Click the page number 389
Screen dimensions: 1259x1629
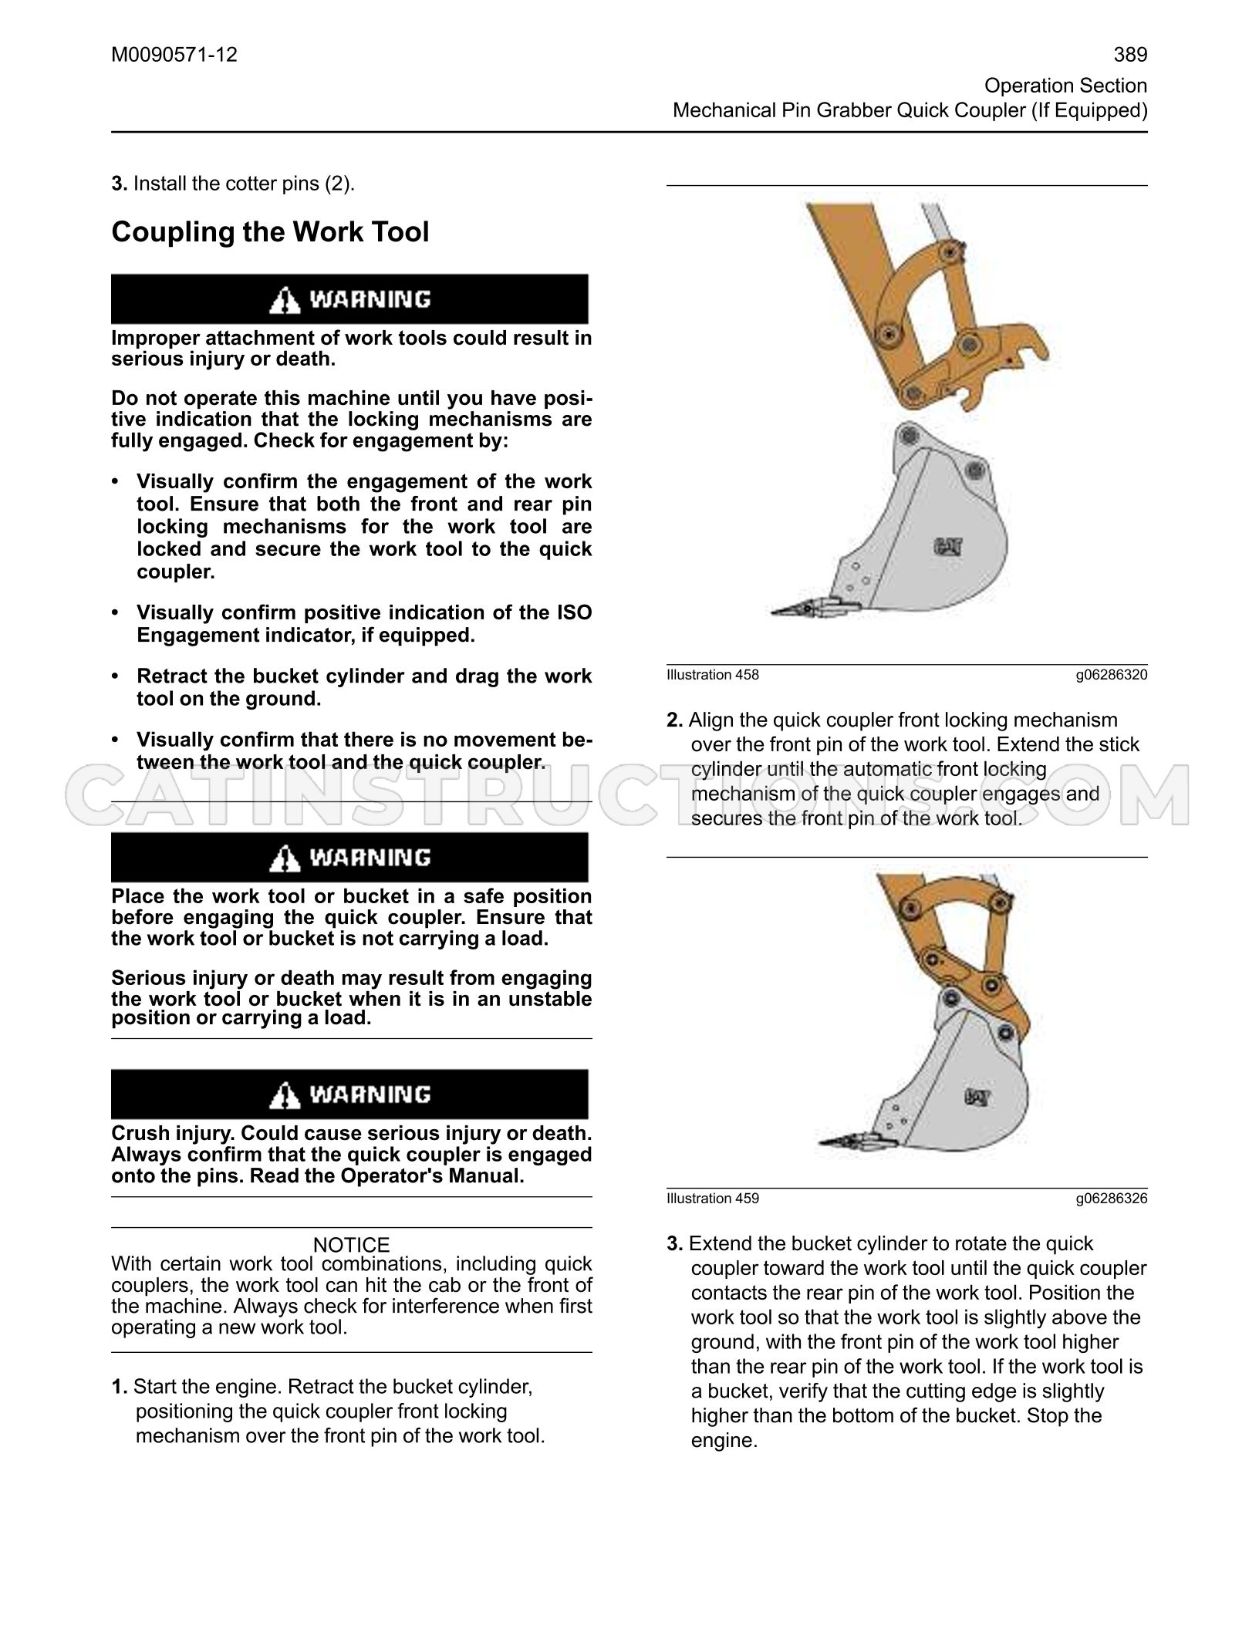pyautogui.click(x=1130, y=55)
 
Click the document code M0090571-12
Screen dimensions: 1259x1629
pyautogui.click(x=174, y=55)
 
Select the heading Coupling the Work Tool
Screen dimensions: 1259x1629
pyautogui.click(x=270, y=232)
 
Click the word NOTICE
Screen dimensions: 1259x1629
pyautogui.click(x=351, y=1245)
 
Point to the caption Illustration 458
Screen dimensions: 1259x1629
pyautogui.click(x=713, y=675)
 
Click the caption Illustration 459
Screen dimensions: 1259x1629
pyautogui.click(x=713, y=1199)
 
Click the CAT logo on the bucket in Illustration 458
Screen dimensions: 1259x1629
pyautogui.click(x=948, y=547)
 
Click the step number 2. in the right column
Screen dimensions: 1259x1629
pyautogui.click(x=675, y=720)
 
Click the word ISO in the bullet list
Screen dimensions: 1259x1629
pyautogui.click(x=574, y=613)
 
